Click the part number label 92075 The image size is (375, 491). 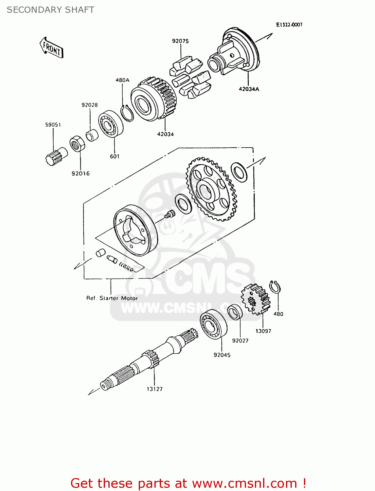180,41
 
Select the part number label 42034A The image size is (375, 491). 249,89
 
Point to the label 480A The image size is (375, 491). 122,80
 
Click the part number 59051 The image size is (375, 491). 53,125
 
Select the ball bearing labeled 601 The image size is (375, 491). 111,124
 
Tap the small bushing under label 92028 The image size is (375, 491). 92,135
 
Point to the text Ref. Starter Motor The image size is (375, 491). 112,298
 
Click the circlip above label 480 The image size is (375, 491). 275,287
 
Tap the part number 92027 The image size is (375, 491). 240,341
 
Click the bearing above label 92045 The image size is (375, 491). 213,324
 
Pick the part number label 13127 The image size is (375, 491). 154,389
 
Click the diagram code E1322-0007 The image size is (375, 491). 289,25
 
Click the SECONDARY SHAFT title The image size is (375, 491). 50,10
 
